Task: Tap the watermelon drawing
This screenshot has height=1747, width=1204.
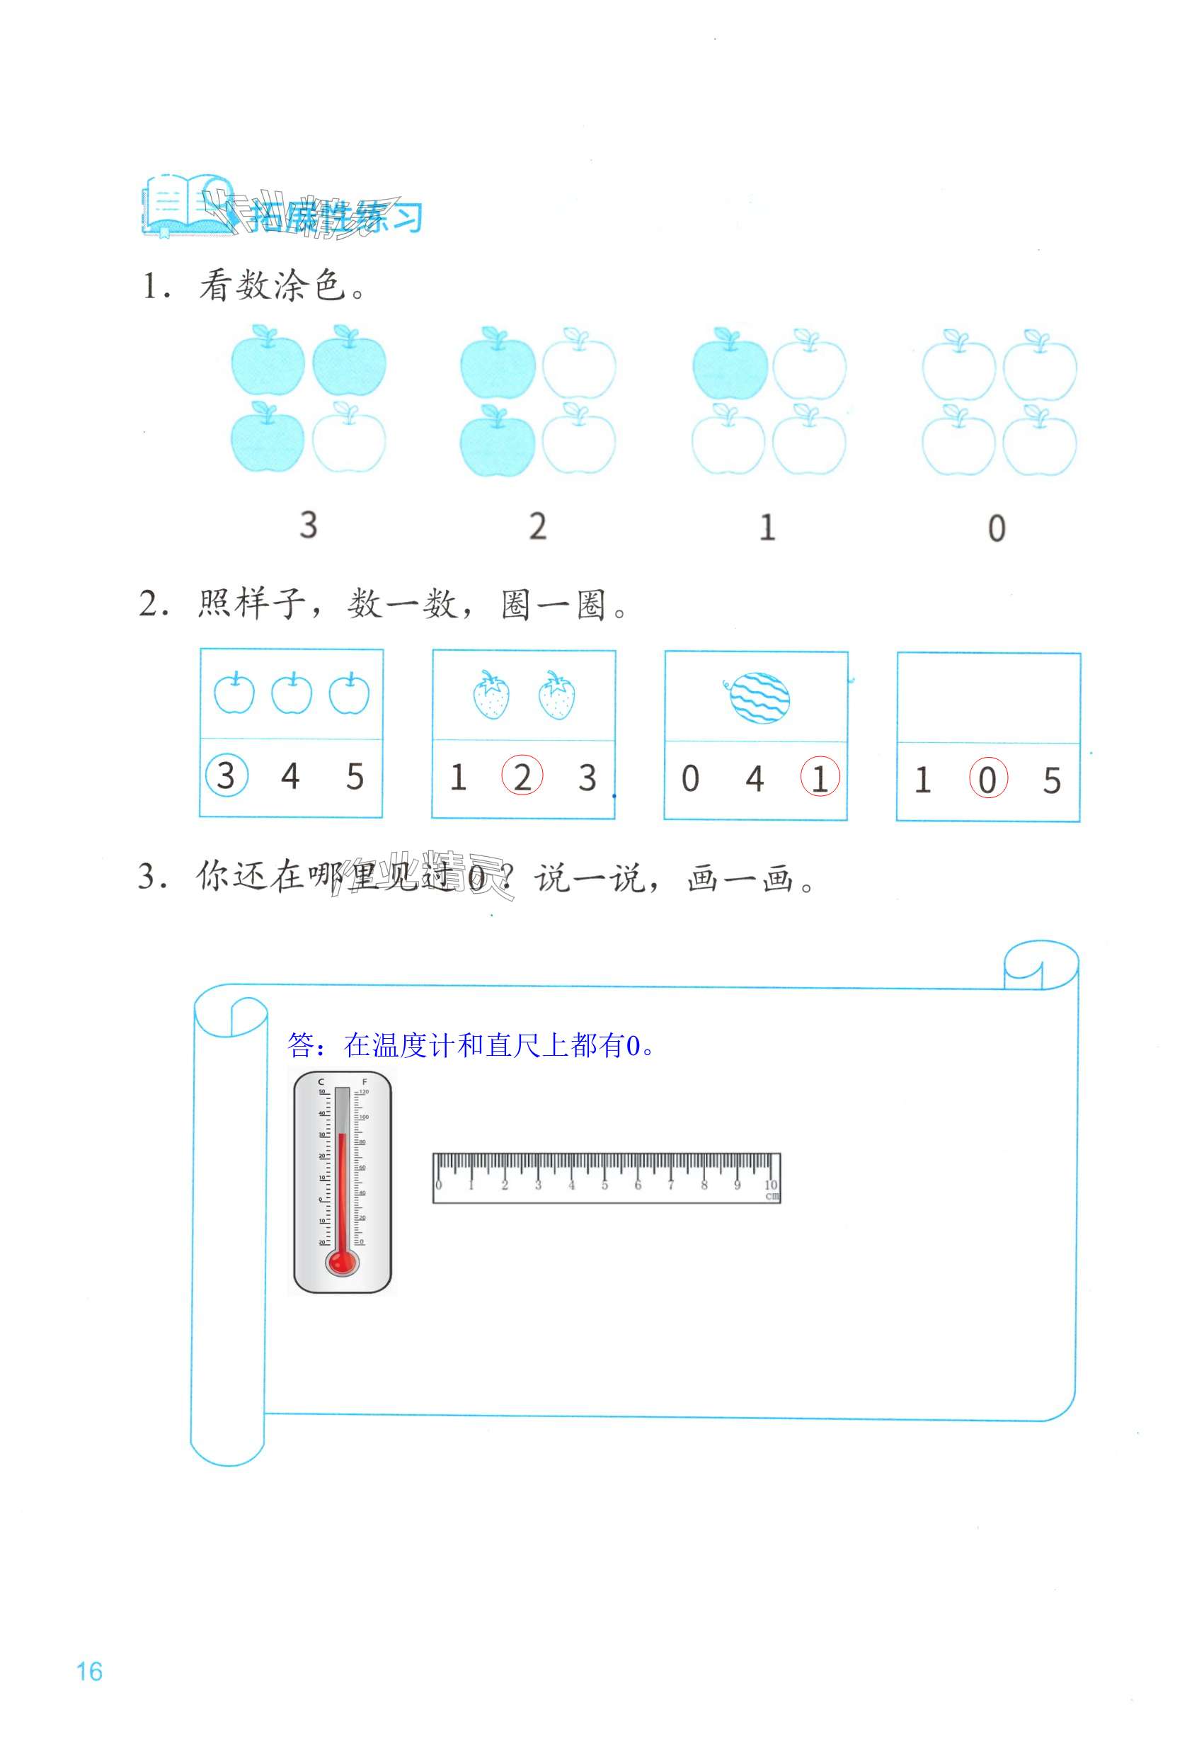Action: point(759,698)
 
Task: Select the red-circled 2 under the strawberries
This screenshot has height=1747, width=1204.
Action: point(522,775)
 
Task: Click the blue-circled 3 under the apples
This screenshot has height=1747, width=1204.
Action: point(226,775)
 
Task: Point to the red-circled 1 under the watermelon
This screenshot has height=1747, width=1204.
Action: point(820,778)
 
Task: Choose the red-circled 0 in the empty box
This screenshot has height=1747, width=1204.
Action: point(987,780)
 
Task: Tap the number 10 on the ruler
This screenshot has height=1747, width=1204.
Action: point(770,1185)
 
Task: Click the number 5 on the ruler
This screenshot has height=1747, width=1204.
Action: point(604,1185)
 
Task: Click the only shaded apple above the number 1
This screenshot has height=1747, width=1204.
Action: point(730,365)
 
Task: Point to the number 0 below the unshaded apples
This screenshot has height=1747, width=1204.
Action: point(997,528)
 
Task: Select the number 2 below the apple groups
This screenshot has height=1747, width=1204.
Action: point(537,526)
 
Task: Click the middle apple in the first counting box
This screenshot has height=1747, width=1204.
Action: point(292,693)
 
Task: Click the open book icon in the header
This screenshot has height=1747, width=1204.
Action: point(180,205)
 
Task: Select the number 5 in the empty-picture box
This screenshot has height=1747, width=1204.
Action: point(1052,780)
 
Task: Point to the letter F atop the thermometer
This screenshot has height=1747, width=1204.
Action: point(365,1082)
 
